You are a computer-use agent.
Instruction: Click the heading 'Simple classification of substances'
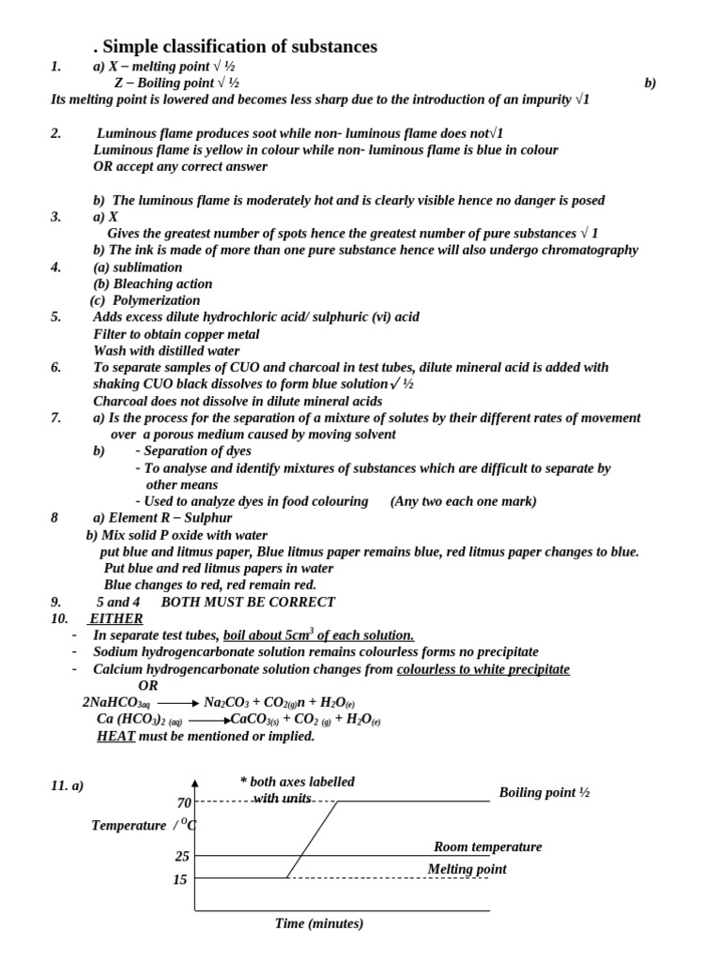click(239, 46)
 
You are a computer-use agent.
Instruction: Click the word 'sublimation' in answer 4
click(148, 267)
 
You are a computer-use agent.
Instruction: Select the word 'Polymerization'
click(156, 300)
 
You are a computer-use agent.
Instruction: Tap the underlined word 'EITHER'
click(115, 618)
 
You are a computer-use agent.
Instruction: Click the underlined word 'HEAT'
click(116, 737)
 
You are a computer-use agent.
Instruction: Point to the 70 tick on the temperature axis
click(184, 802)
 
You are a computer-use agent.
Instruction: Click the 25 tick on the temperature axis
click(182, 856)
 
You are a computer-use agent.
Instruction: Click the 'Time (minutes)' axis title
click(319, 923)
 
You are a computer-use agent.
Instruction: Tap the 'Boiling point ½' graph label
click(544, 793)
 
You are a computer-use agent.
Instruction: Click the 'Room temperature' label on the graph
click(487, 847)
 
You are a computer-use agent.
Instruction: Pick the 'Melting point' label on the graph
click(467, 869)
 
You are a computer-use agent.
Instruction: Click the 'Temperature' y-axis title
click(129, 825)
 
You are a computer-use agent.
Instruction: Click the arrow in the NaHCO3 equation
click(177, 703)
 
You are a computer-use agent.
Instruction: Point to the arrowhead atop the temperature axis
click(195, 783)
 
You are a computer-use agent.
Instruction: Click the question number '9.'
click(56, 602)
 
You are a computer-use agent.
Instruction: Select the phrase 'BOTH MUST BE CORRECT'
click(248, 602)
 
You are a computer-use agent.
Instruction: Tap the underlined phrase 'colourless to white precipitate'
click(483, 669)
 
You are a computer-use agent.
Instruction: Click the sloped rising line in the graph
click(313, 839)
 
